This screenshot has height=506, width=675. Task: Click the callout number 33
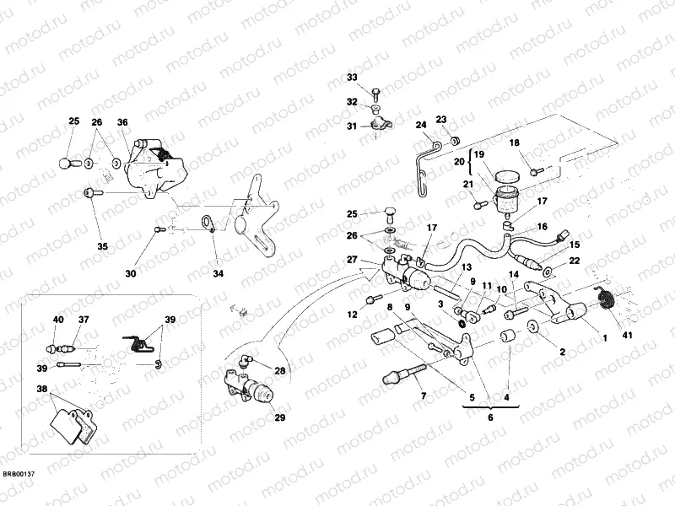[353, 78]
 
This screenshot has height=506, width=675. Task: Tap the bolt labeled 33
[375, 89]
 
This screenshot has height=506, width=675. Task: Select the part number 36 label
[123, 122]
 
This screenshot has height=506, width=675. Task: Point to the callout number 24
[420, 126]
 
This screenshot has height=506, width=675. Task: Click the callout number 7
[424, 396]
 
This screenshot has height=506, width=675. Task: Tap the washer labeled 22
[548, 272]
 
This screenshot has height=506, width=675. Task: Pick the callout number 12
[353, 315]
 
